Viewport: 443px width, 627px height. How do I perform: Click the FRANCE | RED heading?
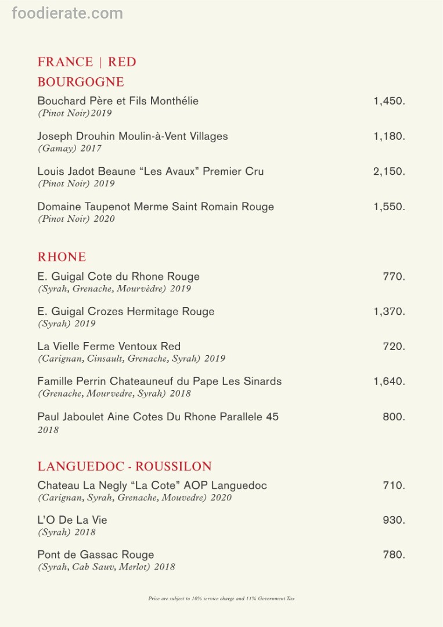point(87,62)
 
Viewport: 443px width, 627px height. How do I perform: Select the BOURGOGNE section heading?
point(81,82)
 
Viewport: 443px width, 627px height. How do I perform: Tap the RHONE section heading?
point(62,257)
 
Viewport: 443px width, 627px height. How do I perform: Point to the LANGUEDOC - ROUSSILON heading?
point(124,466)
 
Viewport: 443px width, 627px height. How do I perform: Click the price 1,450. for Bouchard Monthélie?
point(389,101)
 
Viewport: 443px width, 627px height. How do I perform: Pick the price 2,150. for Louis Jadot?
point(389,171)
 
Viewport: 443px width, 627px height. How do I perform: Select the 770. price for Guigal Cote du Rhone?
point(394,276)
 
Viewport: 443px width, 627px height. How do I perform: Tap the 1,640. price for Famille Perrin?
point(389,381)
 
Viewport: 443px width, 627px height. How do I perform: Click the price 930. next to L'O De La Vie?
point(394,520)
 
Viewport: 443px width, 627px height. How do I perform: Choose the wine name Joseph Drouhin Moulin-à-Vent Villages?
point(132,136)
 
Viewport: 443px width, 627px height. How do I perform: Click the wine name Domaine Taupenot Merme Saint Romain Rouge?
point(156,207)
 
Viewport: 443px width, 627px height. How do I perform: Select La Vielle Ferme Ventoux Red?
point(109,347)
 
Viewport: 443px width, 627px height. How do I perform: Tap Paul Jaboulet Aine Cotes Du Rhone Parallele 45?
point(158,417)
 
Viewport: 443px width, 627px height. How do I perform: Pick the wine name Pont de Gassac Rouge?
point(95,555)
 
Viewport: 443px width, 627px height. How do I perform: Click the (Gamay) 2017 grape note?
point(70,149)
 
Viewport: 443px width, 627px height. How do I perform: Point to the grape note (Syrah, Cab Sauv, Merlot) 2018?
point(106,567)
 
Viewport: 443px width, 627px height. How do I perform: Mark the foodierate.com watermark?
point(67,13)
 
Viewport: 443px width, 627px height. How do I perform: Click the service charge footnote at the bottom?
point(221,599)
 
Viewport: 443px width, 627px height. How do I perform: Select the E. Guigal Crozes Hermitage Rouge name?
point(126,312)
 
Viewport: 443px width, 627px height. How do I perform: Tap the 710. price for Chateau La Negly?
point(394,485)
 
